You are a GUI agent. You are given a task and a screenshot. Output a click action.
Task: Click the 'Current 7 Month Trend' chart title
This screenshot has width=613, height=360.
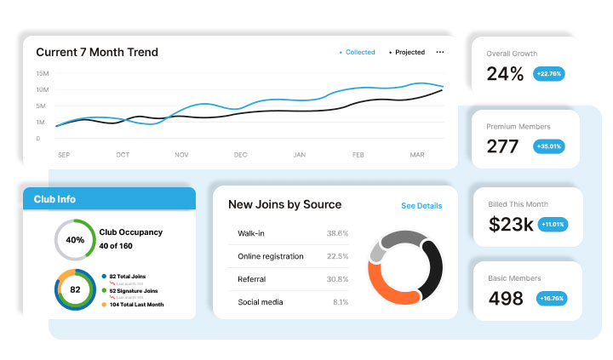(x=96, y=53)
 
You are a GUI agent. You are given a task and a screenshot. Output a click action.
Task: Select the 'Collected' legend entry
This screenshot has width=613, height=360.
(x=359, y=53)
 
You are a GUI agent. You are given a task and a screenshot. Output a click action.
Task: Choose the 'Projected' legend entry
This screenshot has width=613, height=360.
(x=410, y=53)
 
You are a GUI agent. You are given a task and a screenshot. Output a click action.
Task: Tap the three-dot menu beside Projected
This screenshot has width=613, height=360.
(x=440, y=53)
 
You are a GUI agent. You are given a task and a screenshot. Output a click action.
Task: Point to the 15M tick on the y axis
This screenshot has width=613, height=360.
(x=42, y=74)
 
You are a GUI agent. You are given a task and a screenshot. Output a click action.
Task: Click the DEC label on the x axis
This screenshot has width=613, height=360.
(x=240, y=155)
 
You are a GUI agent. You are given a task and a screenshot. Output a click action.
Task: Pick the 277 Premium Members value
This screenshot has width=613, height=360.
(x=502, y=147)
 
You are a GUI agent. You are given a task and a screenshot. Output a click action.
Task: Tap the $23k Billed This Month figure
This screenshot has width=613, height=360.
(x=511, y=225)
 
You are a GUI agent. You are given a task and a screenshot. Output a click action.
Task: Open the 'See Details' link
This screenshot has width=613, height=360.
(x=421, y=206)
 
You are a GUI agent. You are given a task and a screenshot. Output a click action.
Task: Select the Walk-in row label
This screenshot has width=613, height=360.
(x=252, y=233)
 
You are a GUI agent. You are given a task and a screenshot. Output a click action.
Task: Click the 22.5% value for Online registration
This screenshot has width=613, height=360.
(x=337, y=256)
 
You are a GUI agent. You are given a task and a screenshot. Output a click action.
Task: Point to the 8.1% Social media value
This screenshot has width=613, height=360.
(x=339, y=302)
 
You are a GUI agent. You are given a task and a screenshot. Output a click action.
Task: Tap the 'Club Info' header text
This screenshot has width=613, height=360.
(x=54, y=199)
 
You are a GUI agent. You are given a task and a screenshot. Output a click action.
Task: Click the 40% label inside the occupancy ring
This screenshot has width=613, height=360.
(x=75, y=240)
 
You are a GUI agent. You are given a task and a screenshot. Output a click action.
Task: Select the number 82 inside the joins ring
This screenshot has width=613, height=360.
(x=75, y=289)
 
